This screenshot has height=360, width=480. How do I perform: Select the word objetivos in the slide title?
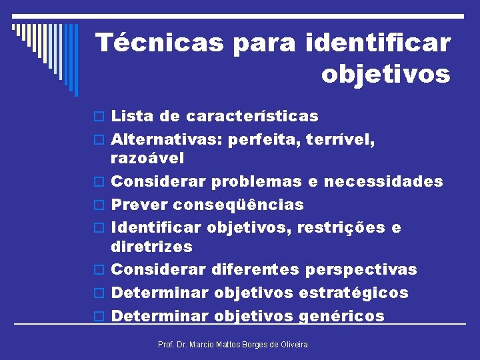[x=385, y=75]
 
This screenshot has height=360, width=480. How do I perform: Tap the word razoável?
[x=147, y=159]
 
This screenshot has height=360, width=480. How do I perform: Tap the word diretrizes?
[x=151, y=247]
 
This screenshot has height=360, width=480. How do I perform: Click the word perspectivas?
[x=361, y=269]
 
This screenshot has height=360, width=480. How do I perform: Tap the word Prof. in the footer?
[x=165, y=344]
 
